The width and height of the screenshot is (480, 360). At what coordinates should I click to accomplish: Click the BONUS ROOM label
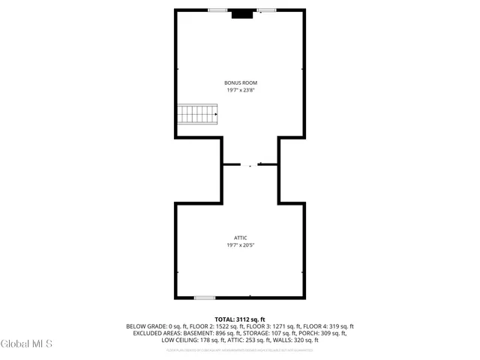(x=240, y=82)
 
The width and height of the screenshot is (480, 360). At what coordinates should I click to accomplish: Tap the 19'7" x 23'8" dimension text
(x=240, y=90)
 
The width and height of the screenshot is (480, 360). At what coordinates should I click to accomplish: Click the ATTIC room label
(x=240, y=238)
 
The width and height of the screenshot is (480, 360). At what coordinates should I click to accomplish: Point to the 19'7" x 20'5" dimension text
(x=240, y=245)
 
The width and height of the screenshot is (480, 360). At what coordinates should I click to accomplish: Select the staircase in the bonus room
(x=198, y=115)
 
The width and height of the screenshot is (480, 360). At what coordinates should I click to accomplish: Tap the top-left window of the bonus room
(x=217, y=10)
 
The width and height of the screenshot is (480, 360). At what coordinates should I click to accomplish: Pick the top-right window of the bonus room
(x=266, y=10)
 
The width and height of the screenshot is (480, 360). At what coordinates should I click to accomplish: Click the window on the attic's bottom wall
(x=205, y=298)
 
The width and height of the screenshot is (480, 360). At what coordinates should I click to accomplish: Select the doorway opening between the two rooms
(x=250, y=164)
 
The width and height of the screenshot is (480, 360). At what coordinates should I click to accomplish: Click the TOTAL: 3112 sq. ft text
(x=240, y=319)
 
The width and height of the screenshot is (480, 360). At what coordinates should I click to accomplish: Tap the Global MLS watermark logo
(x=27, y=344)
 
